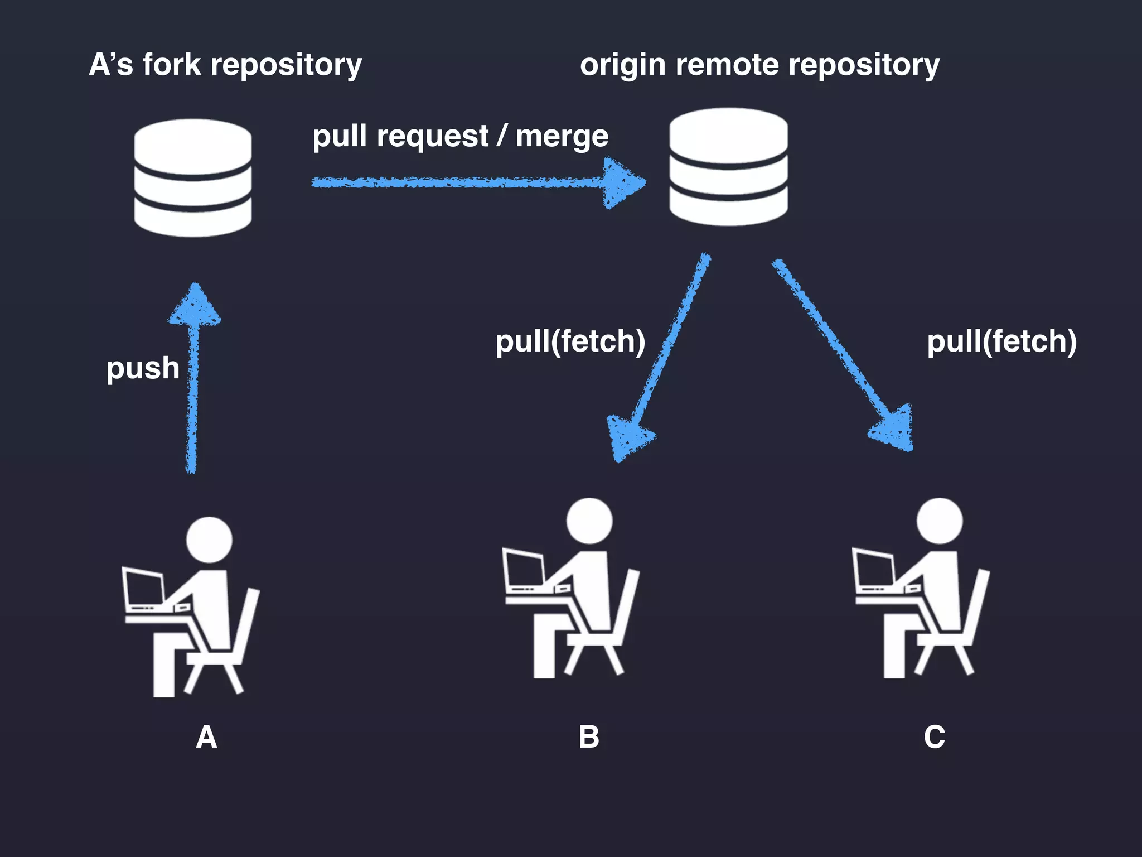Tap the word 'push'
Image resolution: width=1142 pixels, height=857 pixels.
143,368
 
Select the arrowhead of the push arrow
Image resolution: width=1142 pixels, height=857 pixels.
195,306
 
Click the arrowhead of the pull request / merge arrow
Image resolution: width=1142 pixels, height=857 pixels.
621,182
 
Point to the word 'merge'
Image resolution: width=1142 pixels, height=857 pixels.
562,136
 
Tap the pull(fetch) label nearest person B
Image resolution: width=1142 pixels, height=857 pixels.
570,341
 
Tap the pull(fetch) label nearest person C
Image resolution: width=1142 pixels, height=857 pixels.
1001,341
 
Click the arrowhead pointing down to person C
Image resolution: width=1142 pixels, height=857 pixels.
894,430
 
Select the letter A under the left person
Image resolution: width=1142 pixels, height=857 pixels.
206,737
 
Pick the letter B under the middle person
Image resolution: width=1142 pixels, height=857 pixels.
589,737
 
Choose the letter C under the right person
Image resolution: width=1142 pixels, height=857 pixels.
934,737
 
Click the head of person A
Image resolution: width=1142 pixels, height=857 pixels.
209,540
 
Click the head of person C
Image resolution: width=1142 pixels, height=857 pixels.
940,521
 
